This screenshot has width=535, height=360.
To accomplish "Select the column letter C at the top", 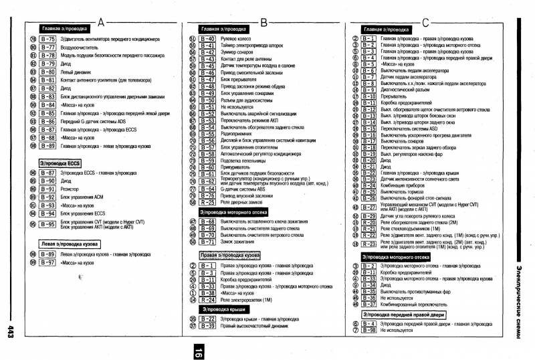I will tap(425, 22).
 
